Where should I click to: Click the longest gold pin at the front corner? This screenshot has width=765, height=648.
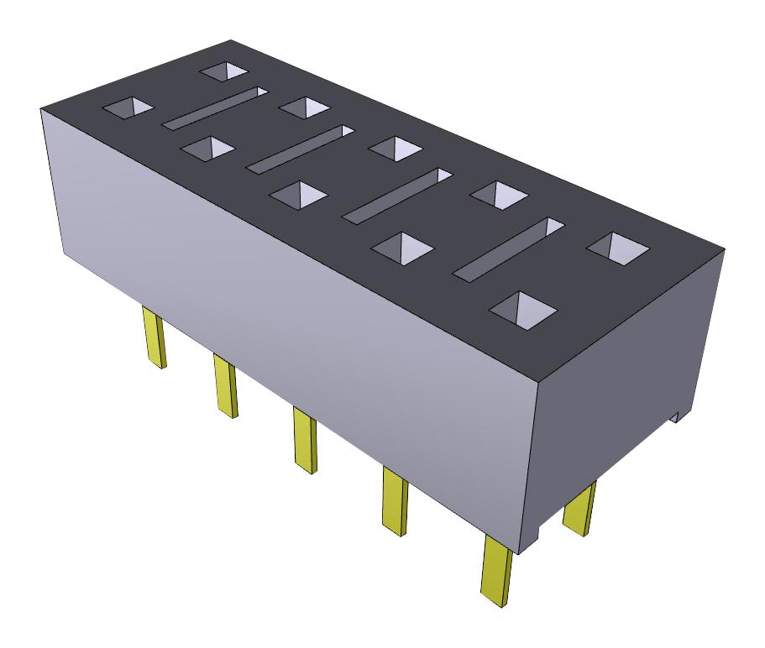(496, 571)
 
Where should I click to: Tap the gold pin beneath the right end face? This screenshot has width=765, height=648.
(579, 509)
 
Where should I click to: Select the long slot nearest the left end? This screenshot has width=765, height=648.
(214, 108)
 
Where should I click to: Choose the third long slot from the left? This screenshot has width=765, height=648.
(397, 195)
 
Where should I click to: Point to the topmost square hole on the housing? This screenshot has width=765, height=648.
(224, 71)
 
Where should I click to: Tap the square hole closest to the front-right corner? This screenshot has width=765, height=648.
(523, 309)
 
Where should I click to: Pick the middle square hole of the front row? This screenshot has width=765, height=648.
(298, 196)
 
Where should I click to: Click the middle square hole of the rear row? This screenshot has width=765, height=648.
(395, 148)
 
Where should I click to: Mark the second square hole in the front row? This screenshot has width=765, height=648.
(208, 149)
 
